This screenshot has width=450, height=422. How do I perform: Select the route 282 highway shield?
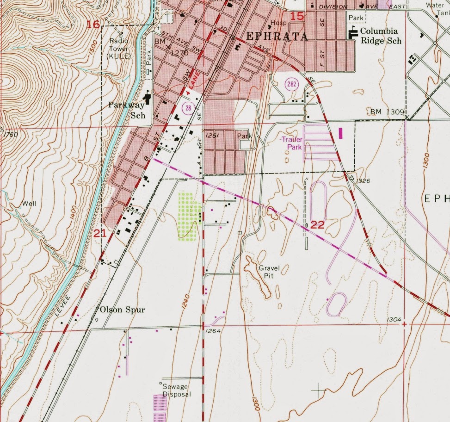[x=292, y=84]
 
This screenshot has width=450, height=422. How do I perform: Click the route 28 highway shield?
[x=188, y=108]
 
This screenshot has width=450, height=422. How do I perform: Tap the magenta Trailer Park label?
[x=291, y=143]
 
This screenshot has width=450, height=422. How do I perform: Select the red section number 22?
[x=318, y=225]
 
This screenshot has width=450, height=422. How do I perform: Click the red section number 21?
[x=100, y=233]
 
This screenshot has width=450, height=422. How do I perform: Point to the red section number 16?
[x=93, y=24]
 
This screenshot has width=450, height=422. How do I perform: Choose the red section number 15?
[x=297, y=17]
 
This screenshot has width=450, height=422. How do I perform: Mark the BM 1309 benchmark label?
[x=388, y=112]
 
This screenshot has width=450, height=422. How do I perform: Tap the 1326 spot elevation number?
[x=364, y=181]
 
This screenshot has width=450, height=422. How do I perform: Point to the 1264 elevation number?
[x=212, y=331]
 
